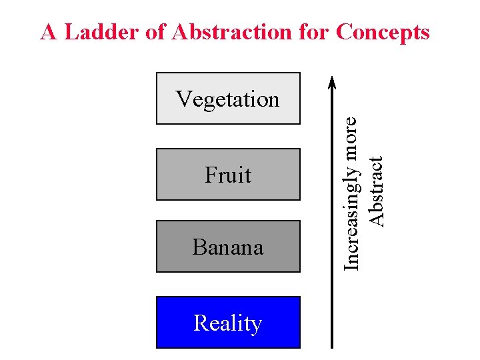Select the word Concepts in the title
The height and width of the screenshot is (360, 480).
coord(383,32)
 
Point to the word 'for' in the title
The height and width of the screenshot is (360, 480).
coord(313,32)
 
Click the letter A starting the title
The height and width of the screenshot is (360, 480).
coord(48,32)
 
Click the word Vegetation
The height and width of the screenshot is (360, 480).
coord(228,99)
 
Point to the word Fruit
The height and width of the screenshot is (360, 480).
coord(228,175)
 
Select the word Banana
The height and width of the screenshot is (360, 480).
coord(228,247)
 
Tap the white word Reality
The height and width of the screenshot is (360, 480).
coord(228,323)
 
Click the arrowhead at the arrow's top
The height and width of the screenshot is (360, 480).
coord(332,80)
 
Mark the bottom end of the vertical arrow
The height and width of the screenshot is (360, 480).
coord(332,346)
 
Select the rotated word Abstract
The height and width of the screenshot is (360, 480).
coord(377,191)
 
